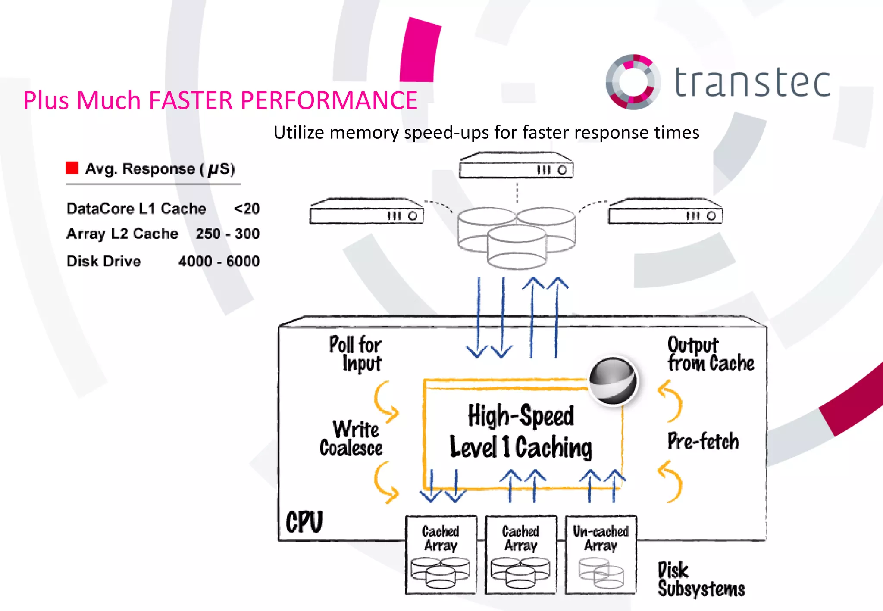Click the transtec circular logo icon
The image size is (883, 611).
coord(633,82)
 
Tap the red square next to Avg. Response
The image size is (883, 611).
coord(72,168)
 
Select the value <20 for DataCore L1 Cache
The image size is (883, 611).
coord(247,209)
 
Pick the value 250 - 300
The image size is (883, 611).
coord(227,234)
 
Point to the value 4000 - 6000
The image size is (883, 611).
coord(219,261)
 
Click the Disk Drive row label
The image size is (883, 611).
coord(103,261)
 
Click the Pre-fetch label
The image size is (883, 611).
coord(703,441)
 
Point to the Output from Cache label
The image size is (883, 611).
coord(710,354)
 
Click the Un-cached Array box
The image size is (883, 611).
coord(601,555)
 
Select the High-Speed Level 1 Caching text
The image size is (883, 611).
coord(521,431)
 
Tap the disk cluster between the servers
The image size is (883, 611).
coord(516,237)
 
